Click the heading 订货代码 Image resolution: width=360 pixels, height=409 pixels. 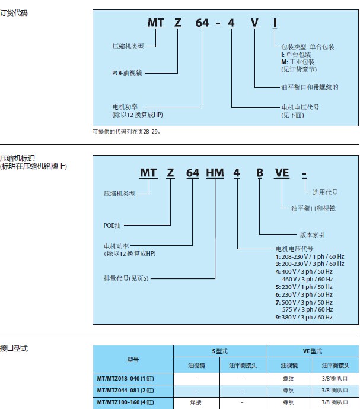[14, 12]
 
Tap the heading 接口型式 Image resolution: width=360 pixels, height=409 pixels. [14, 348]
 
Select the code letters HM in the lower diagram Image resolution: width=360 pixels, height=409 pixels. [214, 173]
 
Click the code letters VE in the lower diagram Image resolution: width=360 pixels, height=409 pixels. [281, 173]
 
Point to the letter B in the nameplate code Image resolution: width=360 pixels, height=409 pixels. [259, 173]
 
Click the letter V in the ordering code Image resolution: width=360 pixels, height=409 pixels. [254, 24]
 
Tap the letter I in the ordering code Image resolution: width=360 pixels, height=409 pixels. [275, 24]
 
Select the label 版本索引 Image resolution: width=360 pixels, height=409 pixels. [312, 234]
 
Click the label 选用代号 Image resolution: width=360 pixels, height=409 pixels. [325, 192]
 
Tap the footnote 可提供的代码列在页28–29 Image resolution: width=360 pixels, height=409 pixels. [126, 131]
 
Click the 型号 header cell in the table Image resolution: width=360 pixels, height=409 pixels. [133, 359]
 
